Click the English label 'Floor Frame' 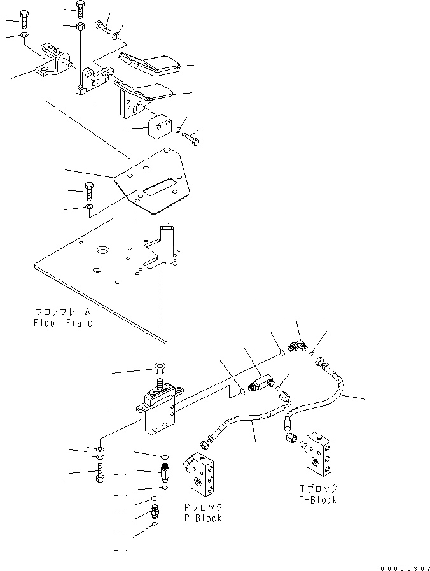coord(63,323)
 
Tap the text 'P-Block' coord(202,518)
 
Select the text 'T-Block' coord(318,500)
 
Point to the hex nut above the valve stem coord(160,369)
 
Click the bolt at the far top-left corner coord(24,18)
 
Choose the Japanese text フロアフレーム coord(63,313)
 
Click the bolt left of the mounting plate coord(88,190)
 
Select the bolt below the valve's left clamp coord(99,474)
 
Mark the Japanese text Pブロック coord(202,507)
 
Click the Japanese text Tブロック coord(318,489)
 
